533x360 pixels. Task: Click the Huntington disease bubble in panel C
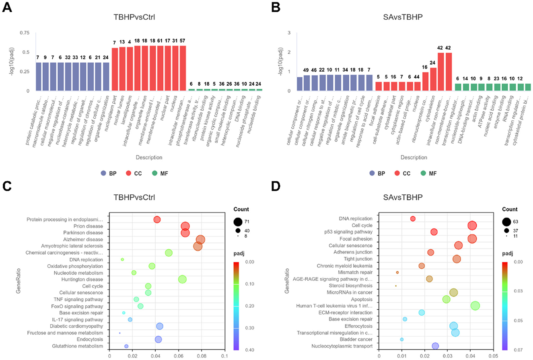point(182,280)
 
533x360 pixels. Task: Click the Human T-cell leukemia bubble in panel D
point(475,306)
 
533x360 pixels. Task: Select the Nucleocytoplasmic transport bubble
point(435,346)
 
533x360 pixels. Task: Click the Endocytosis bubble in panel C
point(158,339)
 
